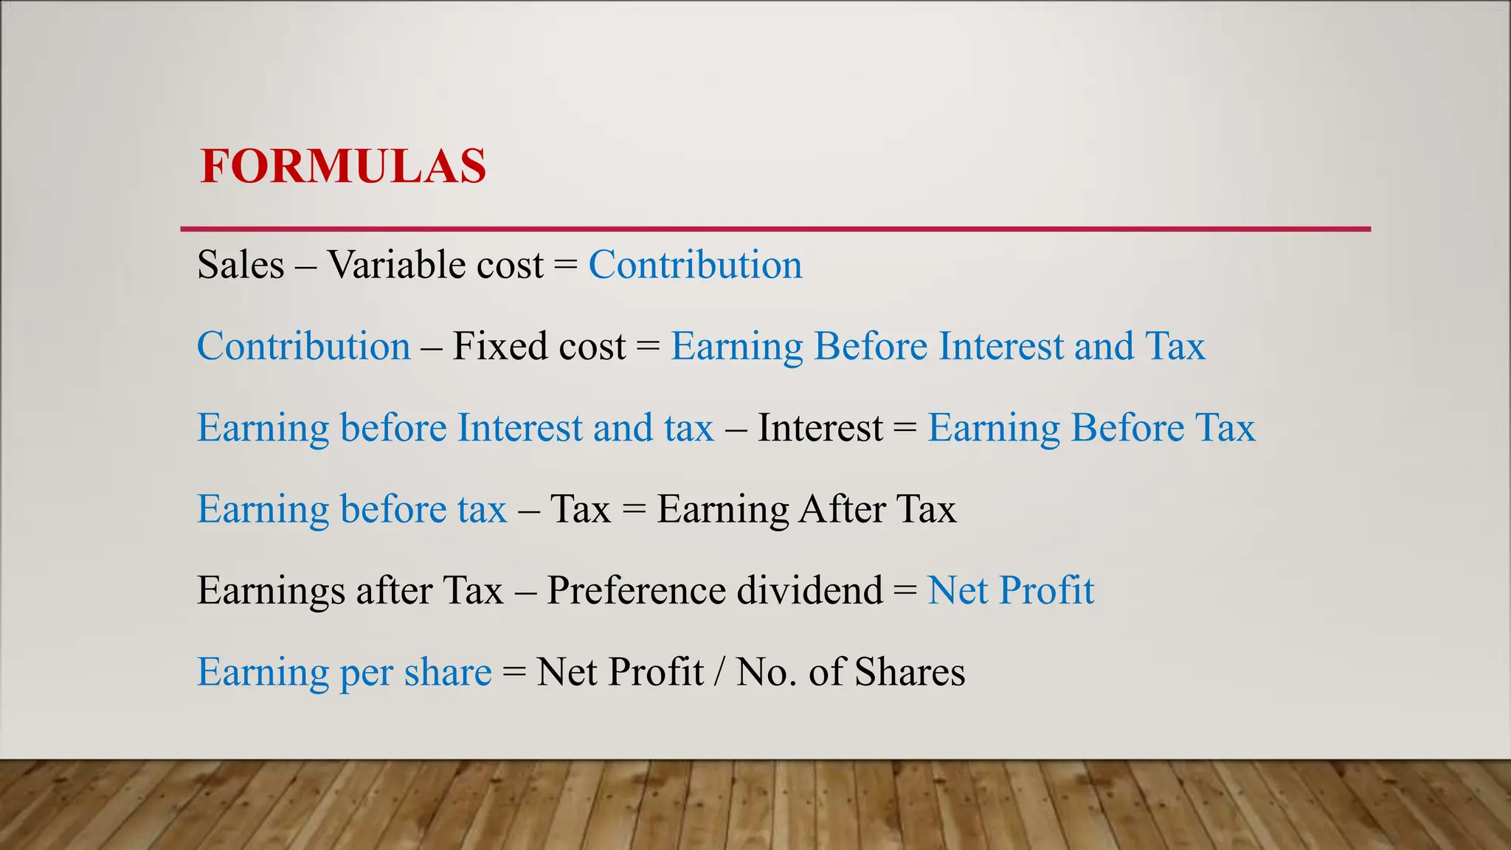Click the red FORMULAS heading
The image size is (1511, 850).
[x=343, y=166]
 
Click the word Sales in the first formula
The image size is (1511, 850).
[x=241, y=265]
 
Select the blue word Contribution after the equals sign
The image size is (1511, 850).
[x=695, y=265]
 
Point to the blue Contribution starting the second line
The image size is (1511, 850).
[x=303, y=346]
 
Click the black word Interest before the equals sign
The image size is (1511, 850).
[x=820, y=428]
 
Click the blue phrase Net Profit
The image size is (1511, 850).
[x=1010, y=590]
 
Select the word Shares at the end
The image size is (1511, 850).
[x=910, y=672]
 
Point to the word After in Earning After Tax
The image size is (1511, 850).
[x=842, y=509]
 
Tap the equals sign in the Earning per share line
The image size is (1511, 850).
[x=514, y=672]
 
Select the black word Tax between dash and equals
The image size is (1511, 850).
[x=581, y=509]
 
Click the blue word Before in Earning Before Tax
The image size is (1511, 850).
[x=1127, y=428]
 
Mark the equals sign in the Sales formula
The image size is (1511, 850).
[x=565, y=265]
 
